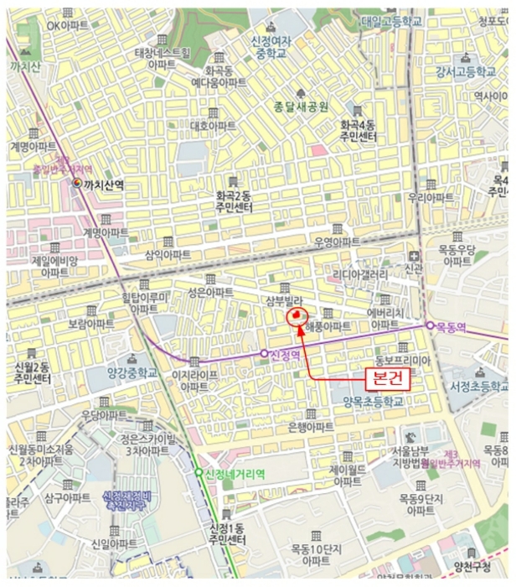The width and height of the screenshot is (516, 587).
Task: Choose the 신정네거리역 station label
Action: pyautogui.click(x=235, y=474)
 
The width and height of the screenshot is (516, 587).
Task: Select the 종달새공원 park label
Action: pyautogui.click(x=302, y=106)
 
